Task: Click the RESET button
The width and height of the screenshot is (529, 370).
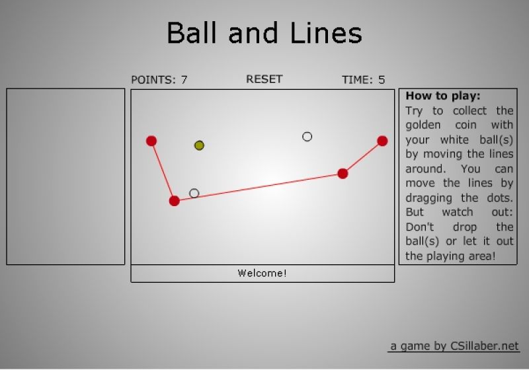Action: click(264, 79)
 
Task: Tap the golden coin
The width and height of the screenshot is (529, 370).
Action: click(199, 145)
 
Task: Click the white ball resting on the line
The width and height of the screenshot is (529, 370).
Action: click(194, 193)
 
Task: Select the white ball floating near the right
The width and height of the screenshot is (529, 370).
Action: click(307, 137)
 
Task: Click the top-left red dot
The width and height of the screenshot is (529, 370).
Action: click(151, 141)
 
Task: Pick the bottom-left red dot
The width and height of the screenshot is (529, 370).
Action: click(175, 201)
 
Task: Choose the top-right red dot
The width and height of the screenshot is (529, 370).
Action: click(382, 141)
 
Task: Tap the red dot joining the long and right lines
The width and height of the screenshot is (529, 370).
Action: click(343, 174)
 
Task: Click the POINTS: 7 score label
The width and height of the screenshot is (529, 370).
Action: click(159, 80)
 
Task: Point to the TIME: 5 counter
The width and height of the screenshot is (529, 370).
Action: click(363, 80)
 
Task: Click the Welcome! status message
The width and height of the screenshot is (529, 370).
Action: click(262, 273)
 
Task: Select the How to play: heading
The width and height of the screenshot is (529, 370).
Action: click(442, 96)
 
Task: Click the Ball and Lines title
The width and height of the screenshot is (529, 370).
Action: click(264, 32)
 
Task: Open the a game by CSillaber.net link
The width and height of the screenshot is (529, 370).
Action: click(454, 346)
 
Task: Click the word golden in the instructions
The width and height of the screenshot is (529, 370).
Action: click(423, 126)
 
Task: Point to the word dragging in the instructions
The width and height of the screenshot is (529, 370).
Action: click(428, 198)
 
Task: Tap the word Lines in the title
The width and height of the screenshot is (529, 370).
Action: click(326, 32)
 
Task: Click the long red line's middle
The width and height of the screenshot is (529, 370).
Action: click(259, 188)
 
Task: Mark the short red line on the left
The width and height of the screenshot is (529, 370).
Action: click(163, 171)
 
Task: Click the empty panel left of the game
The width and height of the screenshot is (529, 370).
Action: click(65, 176)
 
